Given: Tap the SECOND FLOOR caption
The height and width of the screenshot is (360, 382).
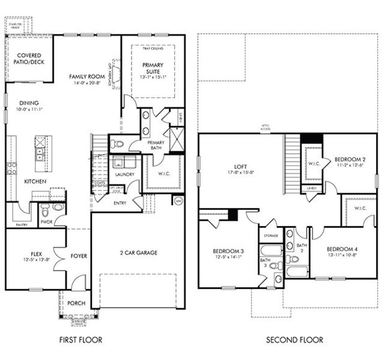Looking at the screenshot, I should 294,340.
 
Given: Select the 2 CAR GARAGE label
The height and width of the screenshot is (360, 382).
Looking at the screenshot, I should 138,253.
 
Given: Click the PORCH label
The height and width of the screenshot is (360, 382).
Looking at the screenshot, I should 76,303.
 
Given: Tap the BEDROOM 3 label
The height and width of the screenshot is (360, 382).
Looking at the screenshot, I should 228,251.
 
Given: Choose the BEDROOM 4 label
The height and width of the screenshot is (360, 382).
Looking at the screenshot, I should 342,248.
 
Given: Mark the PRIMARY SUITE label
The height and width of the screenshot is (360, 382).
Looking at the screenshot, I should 153,67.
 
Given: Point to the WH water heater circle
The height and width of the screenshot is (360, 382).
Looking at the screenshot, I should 177,200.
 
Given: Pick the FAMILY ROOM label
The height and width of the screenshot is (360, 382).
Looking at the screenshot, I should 86,77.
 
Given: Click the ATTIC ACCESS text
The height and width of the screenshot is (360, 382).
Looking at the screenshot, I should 265,127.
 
